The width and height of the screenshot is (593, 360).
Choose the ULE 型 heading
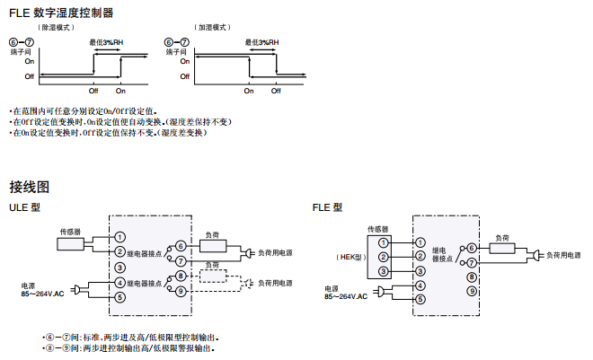tap(24, 207)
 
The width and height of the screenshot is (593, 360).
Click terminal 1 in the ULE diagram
tap(119, 236)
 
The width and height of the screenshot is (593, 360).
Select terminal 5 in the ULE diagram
tap(119, 296)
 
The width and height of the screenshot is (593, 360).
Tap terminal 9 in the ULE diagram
tap(181, 291)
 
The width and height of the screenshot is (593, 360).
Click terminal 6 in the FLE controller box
tap(471, 247)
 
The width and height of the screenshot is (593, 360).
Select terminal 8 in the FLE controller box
tap(471, 277)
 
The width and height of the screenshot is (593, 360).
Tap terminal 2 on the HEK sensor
tap(383, 256)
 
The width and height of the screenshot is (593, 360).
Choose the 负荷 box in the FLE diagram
tap(503, 247)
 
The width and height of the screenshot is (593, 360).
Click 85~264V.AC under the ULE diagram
tap(43, 294)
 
